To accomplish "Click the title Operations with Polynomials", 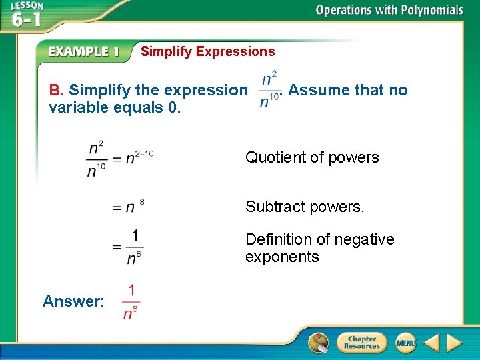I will [x=389, y=10].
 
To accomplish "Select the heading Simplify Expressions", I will [x=207, y=51].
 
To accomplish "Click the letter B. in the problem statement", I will [x=56, y=90].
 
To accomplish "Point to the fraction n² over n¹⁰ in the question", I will [x=269, y=90].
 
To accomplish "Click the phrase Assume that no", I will [x=348, y=90].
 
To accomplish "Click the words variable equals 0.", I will [x=115, y=107].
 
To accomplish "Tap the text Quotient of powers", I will [x=312, y=157].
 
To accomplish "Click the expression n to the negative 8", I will [x=135, y=207].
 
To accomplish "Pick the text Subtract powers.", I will [x=305, y=207].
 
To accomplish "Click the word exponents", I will [x=282, y=257].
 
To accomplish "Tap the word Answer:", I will [x=73, y=301].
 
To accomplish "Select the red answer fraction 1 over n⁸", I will [x=131, y=301].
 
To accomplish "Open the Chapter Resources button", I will [x=362, y=343].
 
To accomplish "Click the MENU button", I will [x=405, y=343].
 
